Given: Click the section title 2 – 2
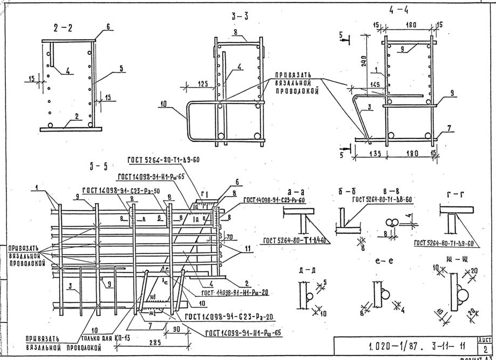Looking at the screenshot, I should [63, 28].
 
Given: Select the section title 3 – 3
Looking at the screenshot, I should [239, 17].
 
